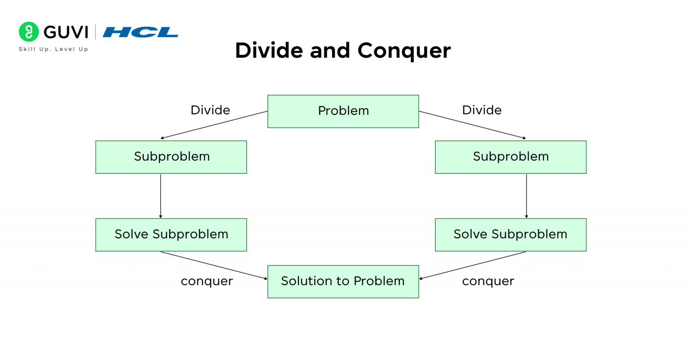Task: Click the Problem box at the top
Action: point(343,111)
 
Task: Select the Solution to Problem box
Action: point(343,281)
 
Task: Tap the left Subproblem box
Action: point(171,157)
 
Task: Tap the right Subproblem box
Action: point(510,157)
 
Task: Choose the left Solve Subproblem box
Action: point(171,234)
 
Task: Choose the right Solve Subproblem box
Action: point(510,234)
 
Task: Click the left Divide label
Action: point(210,110)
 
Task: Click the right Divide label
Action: point(481,110)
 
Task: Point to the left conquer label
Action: point(207,281)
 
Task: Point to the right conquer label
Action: point(488,281)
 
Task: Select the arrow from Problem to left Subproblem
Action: point(214,125)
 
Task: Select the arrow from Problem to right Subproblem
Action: point(473,125)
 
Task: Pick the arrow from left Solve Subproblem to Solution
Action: point(214,266)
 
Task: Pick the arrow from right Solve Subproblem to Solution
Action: point(473,266)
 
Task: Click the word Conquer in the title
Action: point(404,50)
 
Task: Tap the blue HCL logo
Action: point(140,32)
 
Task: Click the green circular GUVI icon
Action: point(29,32)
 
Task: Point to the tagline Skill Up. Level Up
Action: point(54,49)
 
